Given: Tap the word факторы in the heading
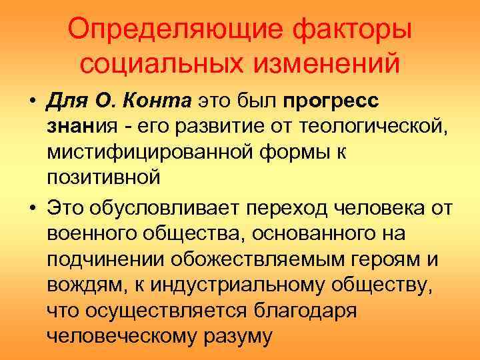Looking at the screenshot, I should coord(347,31).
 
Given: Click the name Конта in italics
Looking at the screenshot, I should coord(159,101).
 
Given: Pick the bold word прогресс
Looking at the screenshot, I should coord(331,101).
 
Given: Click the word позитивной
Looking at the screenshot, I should coord(103,177).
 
